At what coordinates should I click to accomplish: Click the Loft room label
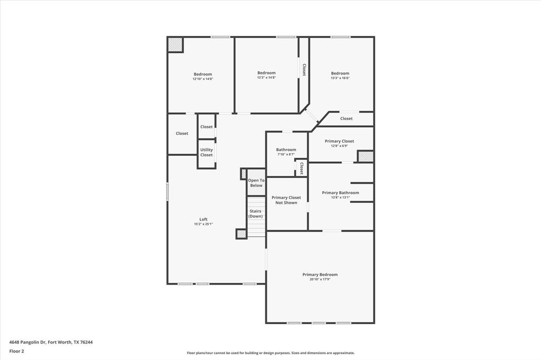pyautogui.click(x=203, y=219)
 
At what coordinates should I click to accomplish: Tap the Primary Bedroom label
pyautogui.click(x=320, y=274)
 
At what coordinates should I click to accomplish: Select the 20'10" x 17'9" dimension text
pyautogui.click(x=320, y=279)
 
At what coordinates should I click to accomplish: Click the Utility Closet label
pyautogui.click(x=207, y=152)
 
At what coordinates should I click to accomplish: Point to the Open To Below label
pyautogui.click(x=256, y=183)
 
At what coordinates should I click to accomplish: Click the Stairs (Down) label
pyautogui.click(x=256, y=213)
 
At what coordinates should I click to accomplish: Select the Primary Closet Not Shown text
pyautogui.click(x=286, y=200)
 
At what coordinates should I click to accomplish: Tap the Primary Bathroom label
pyautogui.click(x=340, y=193)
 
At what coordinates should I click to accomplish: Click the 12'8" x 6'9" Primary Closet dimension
pyautogui.click(x=340, y=146)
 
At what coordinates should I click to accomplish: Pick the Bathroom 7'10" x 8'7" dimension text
pyautogui.click(x=286, y=154)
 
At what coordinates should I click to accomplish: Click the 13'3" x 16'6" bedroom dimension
pyautogui.click(x=340, y=78)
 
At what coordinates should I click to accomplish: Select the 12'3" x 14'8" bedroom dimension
pyautogui.click(x=266, y=78)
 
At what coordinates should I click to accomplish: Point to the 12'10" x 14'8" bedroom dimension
pyautogui.click(x=203, y=79)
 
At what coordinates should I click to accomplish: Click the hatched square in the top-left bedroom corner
pyautogui.click(x=175, y=45)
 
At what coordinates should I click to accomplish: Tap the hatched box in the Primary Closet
pyautogui.click(x=366, y=156)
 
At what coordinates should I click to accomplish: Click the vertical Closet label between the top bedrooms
pyautogui.click(x=304, y=70)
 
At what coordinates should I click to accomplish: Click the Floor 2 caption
pyautogui.click(x=16, y=350)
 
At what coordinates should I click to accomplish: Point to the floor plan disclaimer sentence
pyautogui.click(x=270, y=353)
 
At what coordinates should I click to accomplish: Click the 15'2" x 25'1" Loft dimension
pyautogui.click(x=203, y=224)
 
